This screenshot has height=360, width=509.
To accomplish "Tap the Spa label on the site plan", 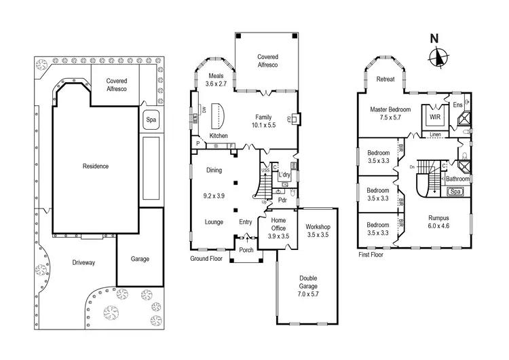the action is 149,121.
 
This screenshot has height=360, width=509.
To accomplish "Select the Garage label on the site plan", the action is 140,259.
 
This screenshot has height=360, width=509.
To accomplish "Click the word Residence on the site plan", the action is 96,166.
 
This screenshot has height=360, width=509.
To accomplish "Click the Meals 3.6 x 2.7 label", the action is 217,79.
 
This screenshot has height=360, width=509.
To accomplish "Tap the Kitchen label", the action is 218,136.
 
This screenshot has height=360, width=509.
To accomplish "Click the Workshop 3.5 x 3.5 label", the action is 317,230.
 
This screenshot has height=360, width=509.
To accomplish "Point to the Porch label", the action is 245,250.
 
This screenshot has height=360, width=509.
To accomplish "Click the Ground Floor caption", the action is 206,259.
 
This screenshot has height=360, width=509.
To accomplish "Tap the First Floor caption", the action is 373,255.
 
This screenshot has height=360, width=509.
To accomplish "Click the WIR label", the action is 434,117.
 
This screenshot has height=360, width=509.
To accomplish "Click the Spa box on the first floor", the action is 457,192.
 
